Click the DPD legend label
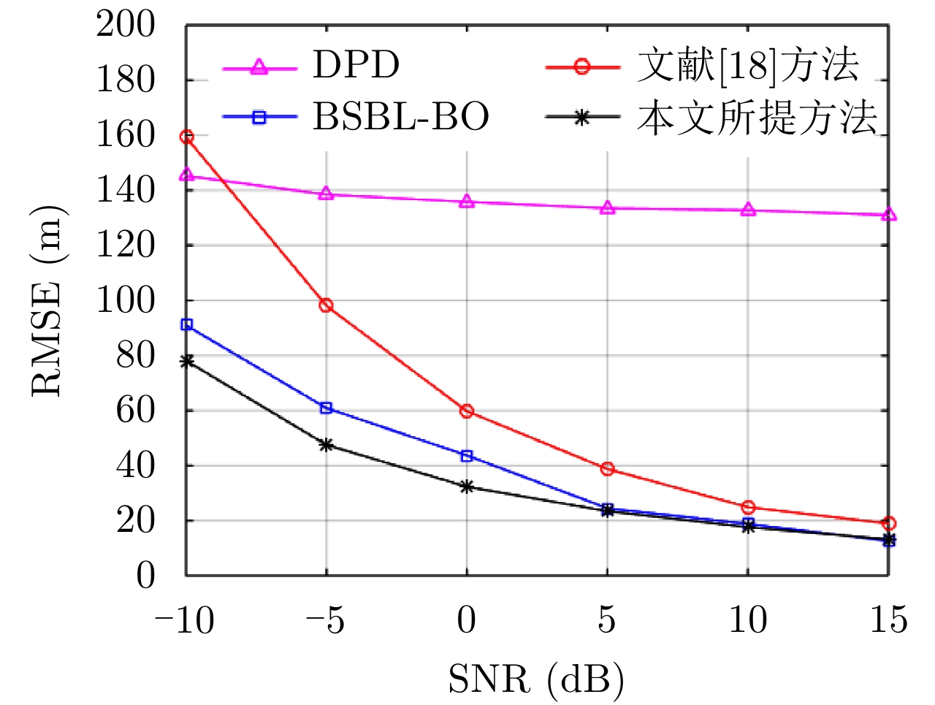click(356, 66)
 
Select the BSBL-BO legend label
click(401, 117)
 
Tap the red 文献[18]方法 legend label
click(747, 66)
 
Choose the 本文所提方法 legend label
click(756, 117)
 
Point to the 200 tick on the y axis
click(126, 26)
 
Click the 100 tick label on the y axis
click(126, 300)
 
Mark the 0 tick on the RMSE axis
click(145, 576)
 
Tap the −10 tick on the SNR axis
click(184, 621)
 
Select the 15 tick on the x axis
click(888, 621)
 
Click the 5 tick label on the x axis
click(607, 621)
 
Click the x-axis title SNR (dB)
click(535, 679)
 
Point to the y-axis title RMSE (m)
click(48, 301)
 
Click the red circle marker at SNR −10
click(187, 137)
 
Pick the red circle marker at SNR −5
click(327, 305)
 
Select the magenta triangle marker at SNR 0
click(467, 202)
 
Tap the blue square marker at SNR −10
click(187, 324)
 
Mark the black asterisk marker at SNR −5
click(327, 444)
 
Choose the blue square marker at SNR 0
click(467, 456)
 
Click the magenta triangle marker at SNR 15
click(888, 215)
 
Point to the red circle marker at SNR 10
click(748, 507)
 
